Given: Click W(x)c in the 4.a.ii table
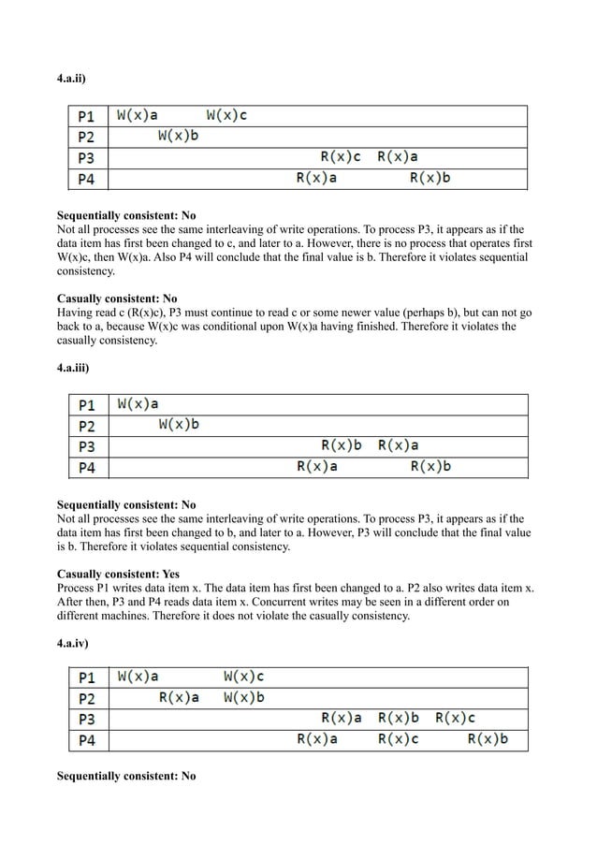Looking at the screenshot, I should (x=226, y=116).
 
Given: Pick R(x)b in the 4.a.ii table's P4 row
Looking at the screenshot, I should (x=430, y=178).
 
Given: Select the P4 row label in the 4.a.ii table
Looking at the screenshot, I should (x=87, y=179).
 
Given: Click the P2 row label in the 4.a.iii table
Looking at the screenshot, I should (x=87, y=426).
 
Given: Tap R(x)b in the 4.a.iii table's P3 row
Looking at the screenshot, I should (x=342, y=445).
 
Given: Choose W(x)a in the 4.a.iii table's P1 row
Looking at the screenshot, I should (x=138, y=404).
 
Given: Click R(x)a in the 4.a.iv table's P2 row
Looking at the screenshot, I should (x=179, y=698).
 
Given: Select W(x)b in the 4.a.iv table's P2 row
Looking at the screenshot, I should (x=243, y=698).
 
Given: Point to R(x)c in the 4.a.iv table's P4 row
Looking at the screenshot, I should (x=398, y=739).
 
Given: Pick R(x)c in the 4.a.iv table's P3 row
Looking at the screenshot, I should (x=455, y=719).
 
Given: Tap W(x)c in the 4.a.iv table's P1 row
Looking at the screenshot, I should (x=243, y=677).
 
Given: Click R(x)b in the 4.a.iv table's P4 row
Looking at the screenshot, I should (x=488, y=739).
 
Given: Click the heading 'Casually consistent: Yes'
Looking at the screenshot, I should (x=119, y=574).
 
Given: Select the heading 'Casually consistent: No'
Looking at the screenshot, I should (x=117, y=299).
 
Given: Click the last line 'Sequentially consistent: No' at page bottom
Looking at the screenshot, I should (x=126, y=776).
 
